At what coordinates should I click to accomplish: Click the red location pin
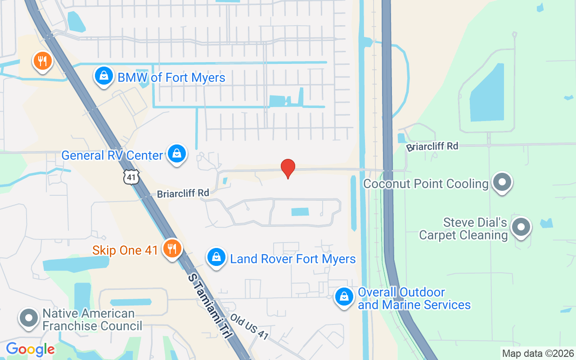[288, 168]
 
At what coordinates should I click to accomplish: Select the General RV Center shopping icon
[177, 153]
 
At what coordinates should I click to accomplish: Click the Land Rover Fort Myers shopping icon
[216, 257]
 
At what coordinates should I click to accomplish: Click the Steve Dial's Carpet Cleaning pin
[522, 227]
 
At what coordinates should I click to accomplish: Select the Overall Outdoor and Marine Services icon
[344, 297]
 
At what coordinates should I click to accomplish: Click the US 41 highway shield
[131, 177]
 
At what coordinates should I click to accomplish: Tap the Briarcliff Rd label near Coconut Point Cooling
[432, 146]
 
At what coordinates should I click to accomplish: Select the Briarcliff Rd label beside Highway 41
[183, 193]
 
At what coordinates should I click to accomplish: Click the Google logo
[30, 349]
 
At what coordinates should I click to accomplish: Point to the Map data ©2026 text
[538, 353]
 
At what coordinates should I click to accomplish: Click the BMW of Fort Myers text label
[171, 77]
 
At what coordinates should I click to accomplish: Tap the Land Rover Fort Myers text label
[293, 259]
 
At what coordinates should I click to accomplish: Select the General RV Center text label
[112, 155]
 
